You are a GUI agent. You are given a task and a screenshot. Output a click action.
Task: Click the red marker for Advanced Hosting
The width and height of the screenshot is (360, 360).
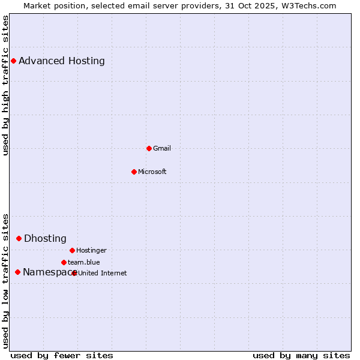(x=13, y=61)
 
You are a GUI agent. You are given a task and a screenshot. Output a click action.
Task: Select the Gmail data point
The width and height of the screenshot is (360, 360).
(x=149, y=148)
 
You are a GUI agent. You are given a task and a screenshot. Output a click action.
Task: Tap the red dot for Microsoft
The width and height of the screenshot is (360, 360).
(x=134, y=172)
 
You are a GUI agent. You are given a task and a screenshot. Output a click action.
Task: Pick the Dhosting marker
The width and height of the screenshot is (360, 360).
(x=19, y=238)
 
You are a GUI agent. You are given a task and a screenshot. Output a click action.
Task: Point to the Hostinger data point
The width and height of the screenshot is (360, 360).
(x=72, y=250)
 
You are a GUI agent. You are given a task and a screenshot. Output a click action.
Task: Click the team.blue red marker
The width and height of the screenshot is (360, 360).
(x=64, y=262)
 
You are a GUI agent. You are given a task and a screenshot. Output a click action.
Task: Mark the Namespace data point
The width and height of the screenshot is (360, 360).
(x=17, y=272)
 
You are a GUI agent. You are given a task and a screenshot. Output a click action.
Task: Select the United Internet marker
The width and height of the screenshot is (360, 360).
(x=74, y=273)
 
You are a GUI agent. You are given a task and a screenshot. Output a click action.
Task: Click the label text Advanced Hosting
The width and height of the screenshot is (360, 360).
(x=62, y=61)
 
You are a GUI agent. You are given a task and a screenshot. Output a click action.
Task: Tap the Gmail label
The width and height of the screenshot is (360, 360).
(x=162, y=148)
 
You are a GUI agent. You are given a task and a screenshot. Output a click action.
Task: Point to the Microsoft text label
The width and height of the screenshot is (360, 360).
(x=152, y=172)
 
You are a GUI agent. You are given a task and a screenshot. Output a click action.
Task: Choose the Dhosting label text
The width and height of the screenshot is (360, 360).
(x=45, y=238)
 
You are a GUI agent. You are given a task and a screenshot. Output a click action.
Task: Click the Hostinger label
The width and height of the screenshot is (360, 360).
(x=91, y=250)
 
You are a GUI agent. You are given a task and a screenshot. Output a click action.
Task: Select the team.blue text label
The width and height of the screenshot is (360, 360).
(x=84, y=262)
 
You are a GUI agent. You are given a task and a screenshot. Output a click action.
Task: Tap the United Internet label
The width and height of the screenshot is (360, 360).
(x=103, y=273)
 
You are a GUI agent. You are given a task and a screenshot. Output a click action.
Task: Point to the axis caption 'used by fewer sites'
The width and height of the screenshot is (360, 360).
(x=62, y=355)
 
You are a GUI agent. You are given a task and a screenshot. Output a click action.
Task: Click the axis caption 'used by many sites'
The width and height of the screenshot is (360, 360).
(x=301, y=355)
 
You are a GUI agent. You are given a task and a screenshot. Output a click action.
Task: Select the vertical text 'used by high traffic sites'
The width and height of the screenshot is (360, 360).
(x=6, y=85)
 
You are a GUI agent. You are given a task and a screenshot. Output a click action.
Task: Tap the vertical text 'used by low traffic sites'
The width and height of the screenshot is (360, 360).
(x=6, y=281)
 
